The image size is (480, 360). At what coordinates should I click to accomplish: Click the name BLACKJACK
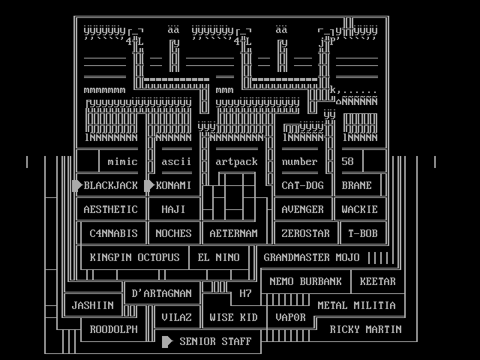coord(111,185)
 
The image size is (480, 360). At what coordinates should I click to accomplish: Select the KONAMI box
coord(174,185)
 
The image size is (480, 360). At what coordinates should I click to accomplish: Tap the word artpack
coord(236,161)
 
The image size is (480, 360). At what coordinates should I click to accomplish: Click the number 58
coord(347,161)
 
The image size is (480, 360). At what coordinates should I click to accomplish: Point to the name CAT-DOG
coord(302,185)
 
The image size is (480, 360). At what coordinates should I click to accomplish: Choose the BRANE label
coord(356,185)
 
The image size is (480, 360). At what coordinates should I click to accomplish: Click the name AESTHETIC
coord(111,209)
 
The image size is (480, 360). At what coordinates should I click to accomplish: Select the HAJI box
coord(173,209)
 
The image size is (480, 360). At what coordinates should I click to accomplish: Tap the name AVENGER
coord(302,209)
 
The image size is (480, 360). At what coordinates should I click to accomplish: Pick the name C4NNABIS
coord(114,233)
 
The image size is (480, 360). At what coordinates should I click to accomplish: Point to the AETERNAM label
coord(233,233)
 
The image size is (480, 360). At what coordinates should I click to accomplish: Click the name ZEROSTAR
coord(305,233)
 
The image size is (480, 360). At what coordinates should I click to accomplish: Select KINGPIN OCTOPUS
coord(135,257)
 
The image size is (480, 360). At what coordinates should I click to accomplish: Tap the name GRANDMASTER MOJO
coord(311,257)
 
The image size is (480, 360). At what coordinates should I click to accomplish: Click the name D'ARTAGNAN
coord(161,293)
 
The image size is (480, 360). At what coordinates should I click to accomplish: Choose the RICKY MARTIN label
coord(365,329)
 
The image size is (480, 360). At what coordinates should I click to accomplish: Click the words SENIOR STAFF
coord(209,341)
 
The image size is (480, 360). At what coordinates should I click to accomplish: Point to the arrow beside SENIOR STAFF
coord(167,341)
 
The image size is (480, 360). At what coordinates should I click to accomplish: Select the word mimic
coord(122,161)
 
